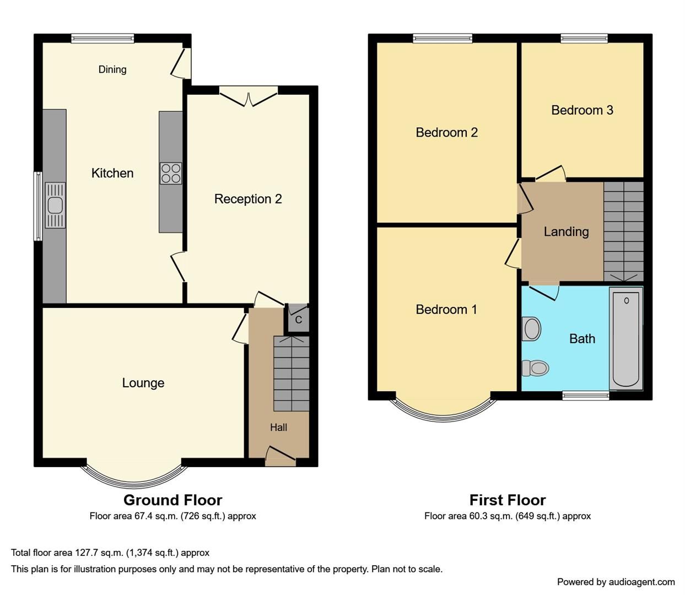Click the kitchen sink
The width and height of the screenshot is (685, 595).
point(55,205)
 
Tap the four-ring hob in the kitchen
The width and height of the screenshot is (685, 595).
point(171,173)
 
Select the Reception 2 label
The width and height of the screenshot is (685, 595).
point(248,199)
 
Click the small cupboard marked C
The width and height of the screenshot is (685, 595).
point(298,320)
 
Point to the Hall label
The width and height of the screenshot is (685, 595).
point(278,427)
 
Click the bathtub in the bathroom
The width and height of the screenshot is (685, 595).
point(626,338)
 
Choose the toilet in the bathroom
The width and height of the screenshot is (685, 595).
point(536,367)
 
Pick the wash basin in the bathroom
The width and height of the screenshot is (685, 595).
point(531,329)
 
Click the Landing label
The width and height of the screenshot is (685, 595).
point(566,231)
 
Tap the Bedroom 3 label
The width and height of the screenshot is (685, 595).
point(582,110)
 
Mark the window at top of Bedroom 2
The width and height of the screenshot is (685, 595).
point(443,38)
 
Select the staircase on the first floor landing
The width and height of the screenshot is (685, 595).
point(623,231)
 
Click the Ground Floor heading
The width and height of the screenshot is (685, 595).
point(172,500)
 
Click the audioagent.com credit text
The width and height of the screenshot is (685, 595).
point(616,582)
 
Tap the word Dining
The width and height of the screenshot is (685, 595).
point(112,69)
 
